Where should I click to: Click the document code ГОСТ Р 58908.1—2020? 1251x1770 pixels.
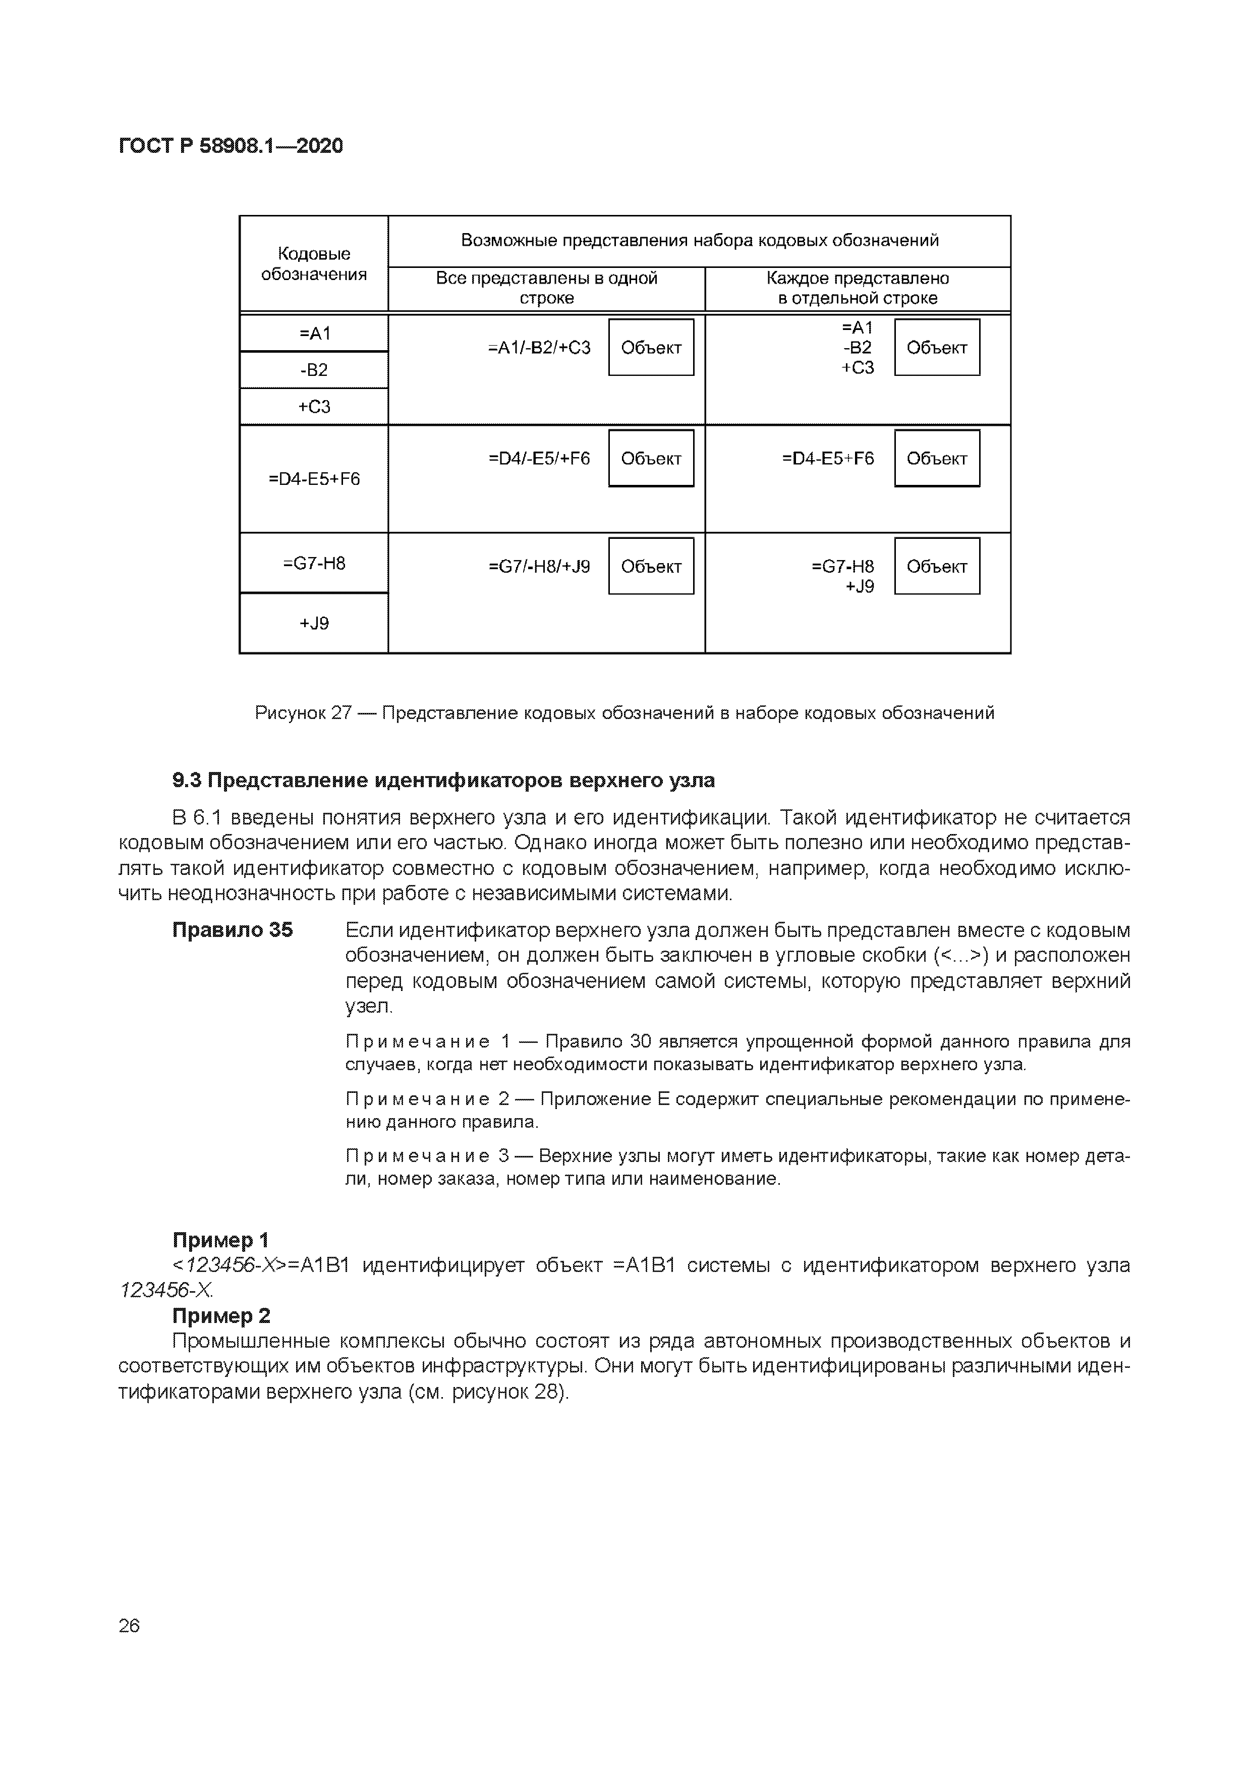click(231, 146)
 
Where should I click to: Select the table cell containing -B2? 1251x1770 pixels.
click(314, 370)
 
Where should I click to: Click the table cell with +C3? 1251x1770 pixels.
click(314, 406)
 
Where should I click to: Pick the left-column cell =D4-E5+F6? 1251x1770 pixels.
click(314, 479)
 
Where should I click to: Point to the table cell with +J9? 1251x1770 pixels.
click(314, 623)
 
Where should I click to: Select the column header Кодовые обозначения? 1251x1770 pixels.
click(314, 264)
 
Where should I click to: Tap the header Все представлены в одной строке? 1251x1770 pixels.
click(546, 288)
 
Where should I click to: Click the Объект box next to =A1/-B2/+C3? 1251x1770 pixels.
click(651, 348)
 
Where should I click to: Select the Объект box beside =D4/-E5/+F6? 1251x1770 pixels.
click(651, 459)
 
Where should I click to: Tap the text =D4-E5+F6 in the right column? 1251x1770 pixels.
click(828, 459)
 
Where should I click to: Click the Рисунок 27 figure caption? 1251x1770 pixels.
click(624, 713)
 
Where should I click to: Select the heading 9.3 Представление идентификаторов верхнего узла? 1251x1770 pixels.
click(443, 781)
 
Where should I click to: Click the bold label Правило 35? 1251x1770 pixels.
click(232, 930)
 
